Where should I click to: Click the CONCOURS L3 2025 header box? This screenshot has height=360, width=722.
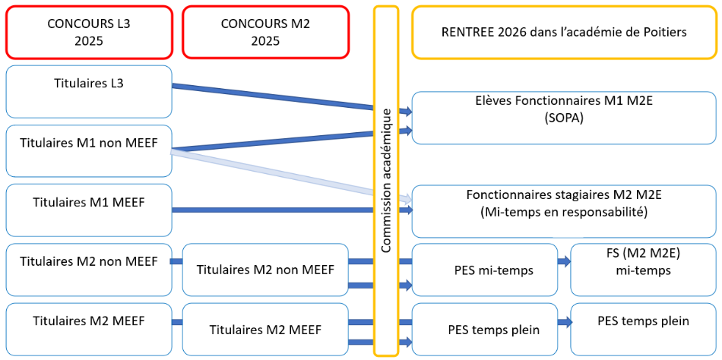[x=89, y=32]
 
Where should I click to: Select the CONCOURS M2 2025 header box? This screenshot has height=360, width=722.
[x=265, y=32]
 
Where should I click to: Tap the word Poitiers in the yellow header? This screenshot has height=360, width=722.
[x=660, y=32]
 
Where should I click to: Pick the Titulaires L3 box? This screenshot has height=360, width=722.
[x=89, y=91]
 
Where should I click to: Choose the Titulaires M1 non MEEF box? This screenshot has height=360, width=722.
[x=89, y=150]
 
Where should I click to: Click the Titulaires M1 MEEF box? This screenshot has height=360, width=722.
[x=89, y=210]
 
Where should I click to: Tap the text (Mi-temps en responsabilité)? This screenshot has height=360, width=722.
[x=563, y=212]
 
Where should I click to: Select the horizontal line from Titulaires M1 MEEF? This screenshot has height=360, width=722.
[x=274, y=210]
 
